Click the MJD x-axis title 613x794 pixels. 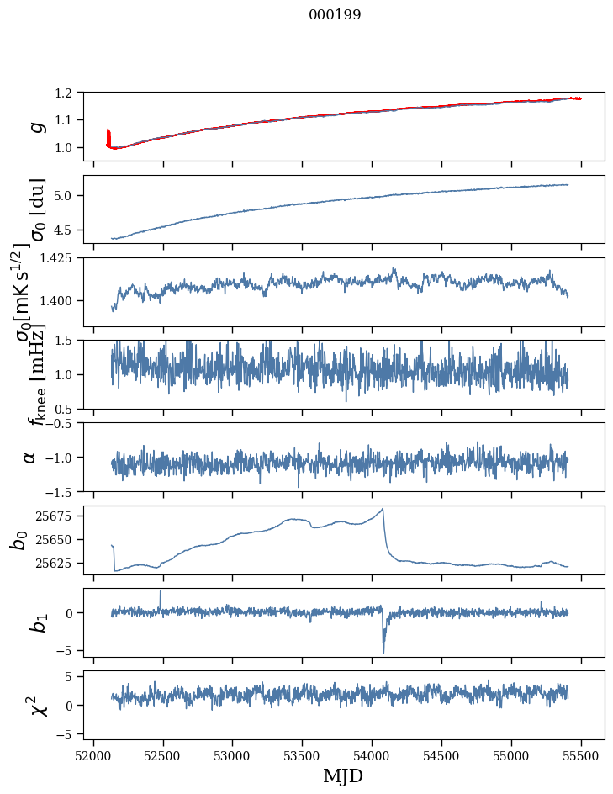click(x=343, y=776)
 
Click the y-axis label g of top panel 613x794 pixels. click(x=36, y=125)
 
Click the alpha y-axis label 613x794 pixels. click(x=31, y=457)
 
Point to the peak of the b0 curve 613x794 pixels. click(x=383, y=509)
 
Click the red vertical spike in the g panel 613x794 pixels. click(x=108, y=136)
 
